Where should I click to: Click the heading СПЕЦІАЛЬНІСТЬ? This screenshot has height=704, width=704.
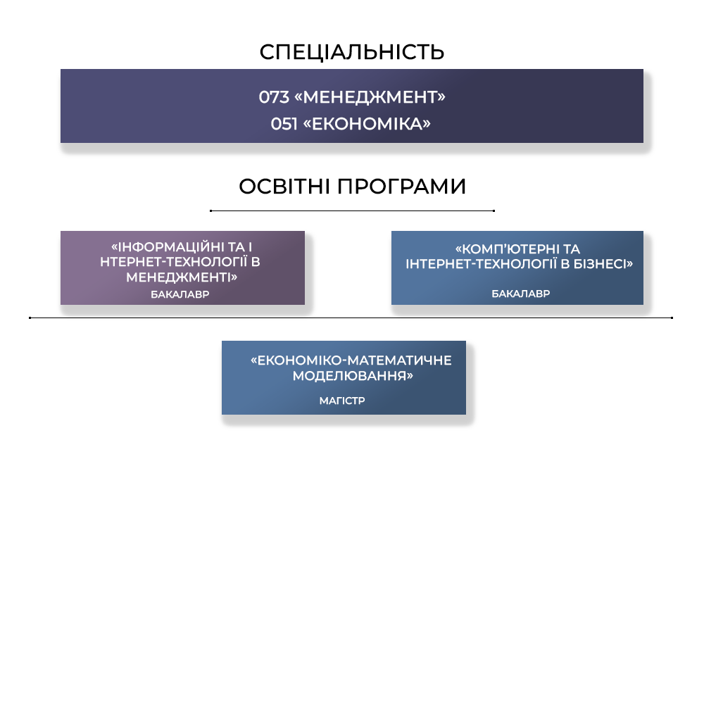[x=352, y=52]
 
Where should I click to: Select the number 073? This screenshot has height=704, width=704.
[x=274, y=97]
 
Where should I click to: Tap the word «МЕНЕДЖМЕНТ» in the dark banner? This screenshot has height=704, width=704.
[x=370, y=97]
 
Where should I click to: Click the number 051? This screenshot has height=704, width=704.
[x=284, y=124]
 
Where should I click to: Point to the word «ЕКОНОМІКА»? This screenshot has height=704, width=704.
[x=367, y=124]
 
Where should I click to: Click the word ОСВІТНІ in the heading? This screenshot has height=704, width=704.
[x=284, y=187]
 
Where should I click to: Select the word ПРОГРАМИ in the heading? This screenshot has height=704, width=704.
[x=401, y=187]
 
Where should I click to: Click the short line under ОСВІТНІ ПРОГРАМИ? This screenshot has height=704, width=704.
[x=352, y=210]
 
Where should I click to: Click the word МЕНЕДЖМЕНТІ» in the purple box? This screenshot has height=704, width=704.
[x=182, y=277]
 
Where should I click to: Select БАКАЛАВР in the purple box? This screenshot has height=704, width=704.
[x=180, y=294]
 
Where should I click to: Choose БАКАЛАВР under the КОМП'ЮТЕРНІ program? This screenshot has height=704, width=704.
[x=521, y=294]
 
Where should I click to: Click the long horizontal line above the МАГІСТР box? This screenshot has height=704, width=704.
[x=351, y=318]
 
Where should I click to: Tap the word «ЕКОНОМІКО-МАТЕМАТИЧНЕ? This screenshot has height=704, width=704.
[x=351, y=360]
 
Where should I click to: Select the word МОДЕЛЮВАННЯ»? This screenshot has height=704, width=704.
[x=353, y=376]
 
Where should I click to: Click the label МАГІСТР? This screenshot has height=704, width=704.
[x=342, y=401]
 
